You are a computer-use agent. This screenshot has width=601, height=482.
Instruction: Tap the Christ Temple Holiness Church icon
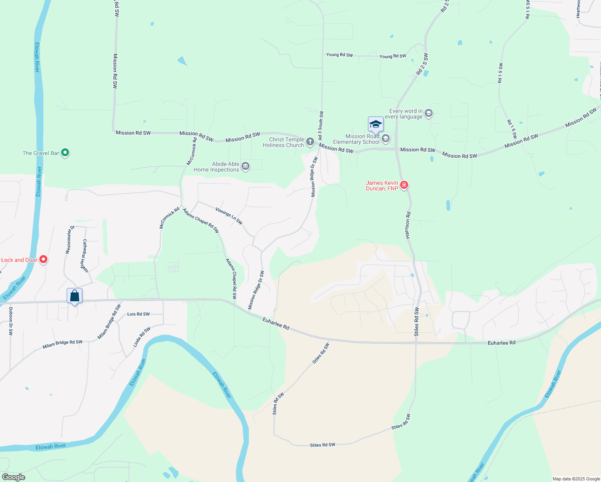coord(310,141)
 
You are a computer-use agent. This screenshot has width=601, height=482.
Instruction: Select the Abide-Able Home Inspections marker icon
coord(245,166)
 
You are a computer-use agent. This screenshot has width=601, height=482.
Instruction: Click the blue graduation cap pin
coord(376,125)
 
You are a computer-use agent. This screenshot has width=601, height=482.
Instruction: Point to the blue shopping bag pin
coord(75,296)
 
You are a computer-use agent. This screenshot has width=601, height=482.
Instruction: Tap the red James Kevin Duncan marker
coord(404,185)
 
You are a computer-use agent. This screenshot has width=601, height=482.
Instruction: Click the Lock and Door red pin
coord(43,260)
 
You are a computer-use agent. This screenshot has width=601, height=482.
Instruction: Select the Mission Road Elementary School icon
coord(386,139)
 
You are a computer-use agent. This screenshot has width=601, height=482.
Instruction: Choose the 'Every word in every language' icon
coord(429,113)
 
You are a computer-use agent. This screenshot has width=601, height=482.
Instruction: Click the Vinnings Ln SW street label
coord(229,216)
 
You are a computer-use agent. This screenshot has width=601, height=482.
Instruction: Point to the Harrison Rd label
coord(408,225)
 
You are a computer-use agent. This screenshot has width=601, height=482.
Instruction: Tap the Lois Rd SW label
coord(138,314)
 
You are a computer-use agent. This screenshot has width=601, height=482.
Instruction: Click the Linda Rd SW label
coord(142,337)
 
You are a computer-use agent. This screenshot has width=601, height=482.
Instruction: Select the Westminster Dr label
coord(70,240)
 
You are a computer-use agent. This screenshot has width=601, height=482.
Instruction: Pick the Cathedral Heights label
coord(85,256)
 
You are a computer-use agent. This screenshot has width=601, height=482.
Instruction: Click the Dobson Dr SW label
coord(11,321)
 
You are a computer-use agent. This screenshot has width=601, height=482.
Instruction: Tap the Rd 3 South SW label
coord(321,126)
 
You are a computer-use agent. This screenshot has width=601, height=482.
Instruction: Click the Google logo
coord(13,477)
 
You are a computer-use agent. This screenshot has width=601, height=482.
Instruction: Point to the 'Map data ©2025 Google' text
coord(576,479)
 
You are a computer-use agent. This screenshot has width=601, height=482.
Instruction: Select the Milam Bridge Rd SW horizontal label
coord(62,344)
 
